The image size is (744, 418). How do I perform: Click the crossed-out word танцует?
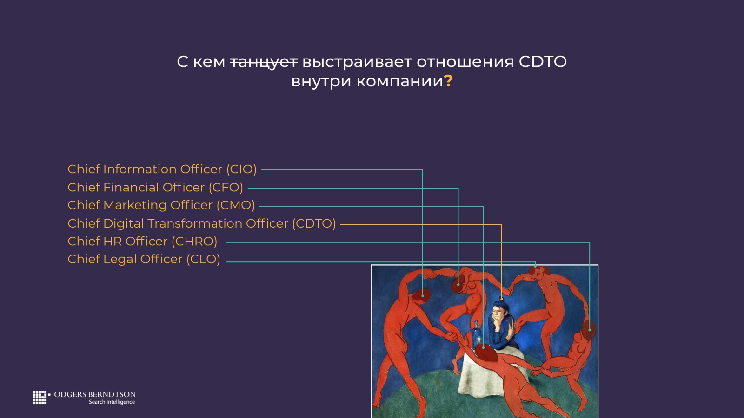tap(264, 62)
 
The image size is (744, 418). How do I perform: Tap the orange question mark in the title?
tap(448, 81)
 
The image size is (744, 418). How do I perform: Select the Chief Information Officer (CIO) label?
tap(162, 169)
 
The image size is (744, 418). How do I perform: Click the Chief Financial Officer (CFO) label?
tap(155, 188)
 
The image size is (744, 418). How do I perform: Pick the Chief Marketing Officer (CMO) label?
tap(161, 205)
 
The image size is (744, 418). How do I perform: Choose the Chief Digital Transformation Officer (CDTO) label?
tap(202, 223)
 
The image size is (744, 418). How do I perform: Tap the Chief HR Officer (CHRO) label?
tap(142, 242)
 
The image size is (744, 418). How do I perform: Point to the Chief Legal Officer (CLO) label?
tap(144, 260)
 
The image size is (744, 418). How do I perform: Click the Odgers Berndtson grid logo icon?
tap(40, 397)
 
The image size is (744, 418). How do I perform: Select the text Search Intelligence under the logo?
tap(112, 402)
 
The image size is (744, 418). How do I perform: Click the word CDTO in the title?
tap(543, 62)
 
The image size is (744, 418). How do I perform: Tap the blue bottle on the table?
tap(477, 335)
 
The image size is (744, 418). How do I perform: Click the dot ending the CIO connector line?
tap(423, 295)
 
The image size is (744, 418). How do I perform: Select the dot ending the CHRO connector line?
tap(590, 330)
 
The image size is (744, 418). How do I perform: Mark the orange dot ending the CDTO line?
tap(502, 299)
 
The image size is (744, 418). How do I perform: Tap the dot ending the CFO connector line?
tap(458, 285)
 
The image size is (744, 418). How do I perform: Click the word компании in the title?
tap(400, 81)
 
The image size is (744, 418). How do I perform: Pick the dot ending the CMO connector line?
tap(483, 348)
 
